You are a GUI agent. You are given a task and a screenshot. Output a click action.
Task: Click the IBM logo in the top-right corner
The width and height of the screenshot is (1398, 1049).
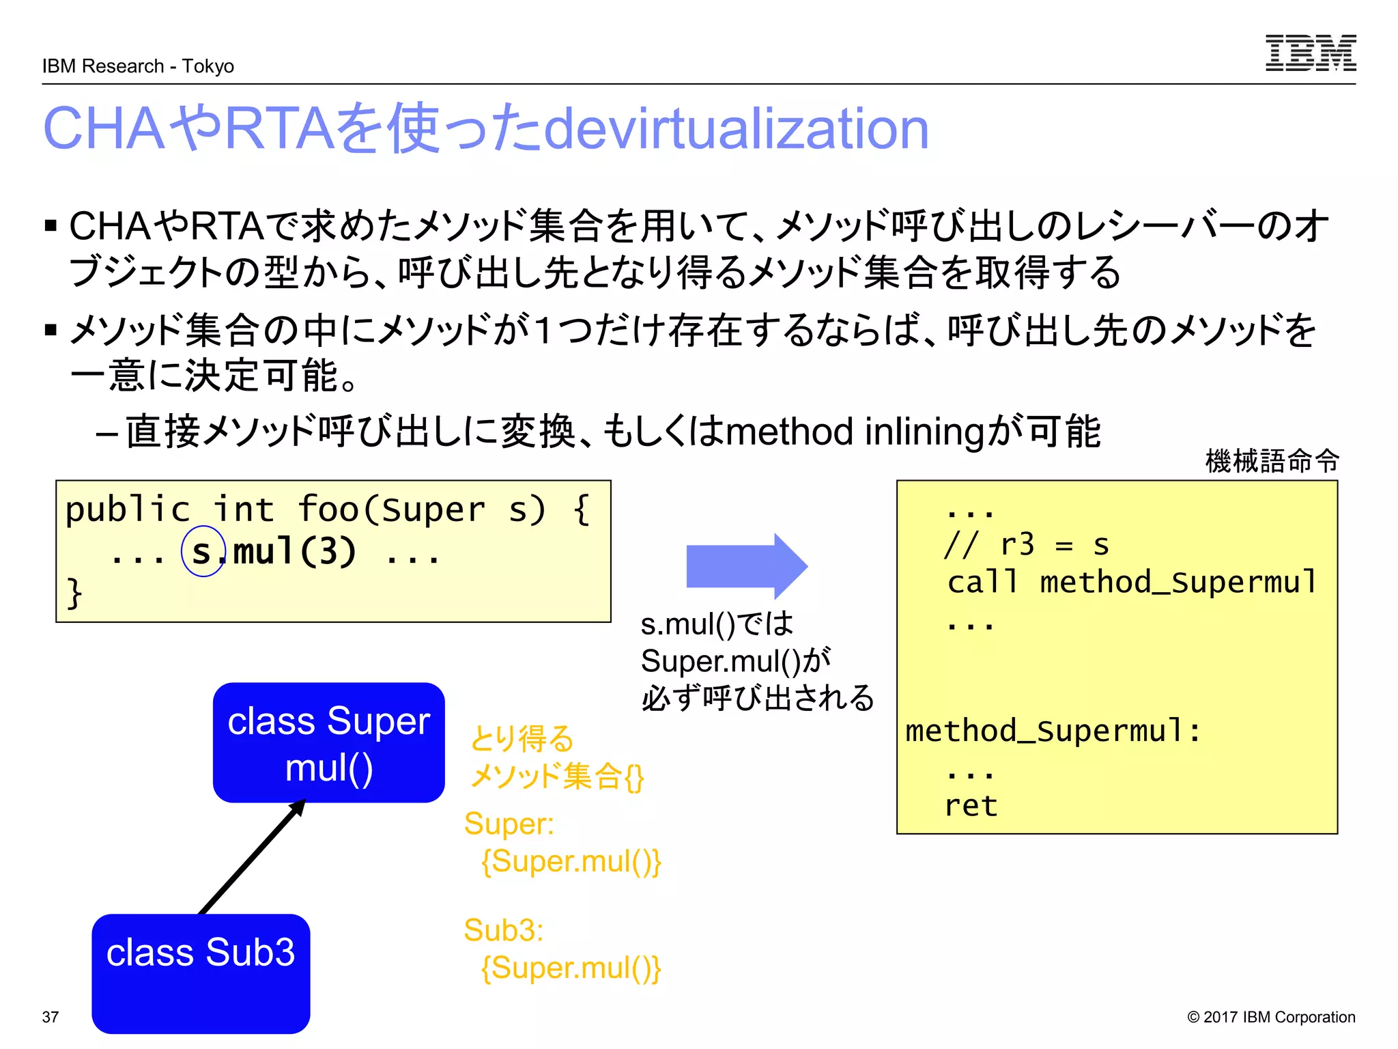(x=1310, y=53)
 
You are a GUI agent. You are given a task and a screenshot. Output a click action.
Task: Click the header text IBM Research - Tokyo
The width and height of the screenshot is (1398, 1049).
(x=138, y=66)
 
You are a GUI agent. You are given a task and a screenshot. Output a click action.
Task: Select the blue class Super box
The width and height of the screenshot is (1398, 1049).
(x=328, y=742)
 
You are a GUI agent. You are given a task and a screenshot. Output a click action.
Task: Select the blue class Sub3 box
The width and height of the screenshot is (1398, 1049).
(x=201, y=973)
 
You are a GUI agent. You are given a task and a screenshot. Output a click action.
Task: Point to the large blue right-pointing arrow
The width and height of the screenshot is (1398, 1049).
(x=745, y=566)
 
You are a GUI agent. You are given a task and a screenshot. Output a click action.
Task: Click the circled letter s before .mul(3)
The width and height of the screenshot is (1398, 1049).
(x=202, y=552)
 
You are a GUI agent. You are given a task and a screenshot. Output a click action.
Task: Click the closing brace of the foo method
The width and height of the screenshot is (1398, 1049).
(x=74, y=592)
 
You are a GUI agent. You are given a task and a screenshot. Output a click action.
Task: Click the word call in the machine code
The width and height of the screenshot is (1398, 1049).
(x=982, y=583)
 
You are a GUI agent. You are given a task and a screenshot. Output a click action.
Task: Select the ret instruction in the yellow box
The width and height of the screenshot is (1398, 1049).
(x=970, y=806)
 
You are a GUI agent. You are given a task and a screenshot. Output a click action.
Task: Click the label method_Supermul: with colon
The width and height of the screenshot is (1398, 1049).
(x=1052, y=731)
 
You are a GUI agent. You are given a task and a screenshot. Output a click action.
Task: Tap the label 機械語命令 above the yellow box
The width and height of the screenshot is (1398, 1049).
(x=1272, y=461)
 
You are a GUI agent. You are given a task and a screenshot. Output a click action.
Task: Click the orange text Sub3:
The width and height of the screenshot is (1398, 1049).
(x=503, y=930)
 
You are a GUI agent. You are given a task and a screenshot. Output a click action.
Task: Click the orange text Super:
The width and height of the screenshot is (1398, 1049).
(x=509, y=824)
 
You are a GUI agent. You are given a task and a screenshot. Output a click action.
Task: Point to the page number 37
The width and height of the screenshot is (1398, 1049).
(x=51, y=1017)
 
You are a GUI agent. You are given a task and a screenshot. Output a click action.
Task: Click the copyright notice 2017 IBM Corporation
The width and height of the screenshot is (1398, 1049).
(x=1271, y=1017)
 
